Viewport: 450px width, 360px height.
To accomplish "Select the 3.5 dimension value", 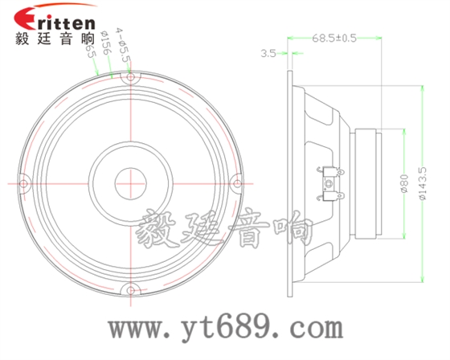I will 268,54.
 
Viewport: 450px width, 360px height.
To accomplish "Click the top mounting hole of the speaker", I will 131,79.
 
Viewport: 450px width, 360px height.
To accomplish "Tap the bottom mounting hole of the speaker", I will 131,290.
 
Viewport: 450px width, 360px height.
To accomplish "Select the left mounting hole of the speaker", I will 25,184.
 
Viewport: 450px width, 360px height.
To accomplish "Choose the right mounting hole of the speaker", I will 236,184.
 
